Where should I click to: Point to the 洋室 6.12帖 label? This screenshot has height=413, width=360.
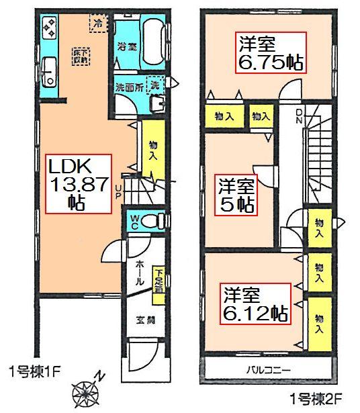click(256, 304)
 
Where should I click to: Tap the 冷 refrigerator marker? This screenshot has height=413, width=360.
click(98, 23)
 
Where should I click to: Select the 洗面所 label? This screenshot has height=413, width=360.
click(126, 87)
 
